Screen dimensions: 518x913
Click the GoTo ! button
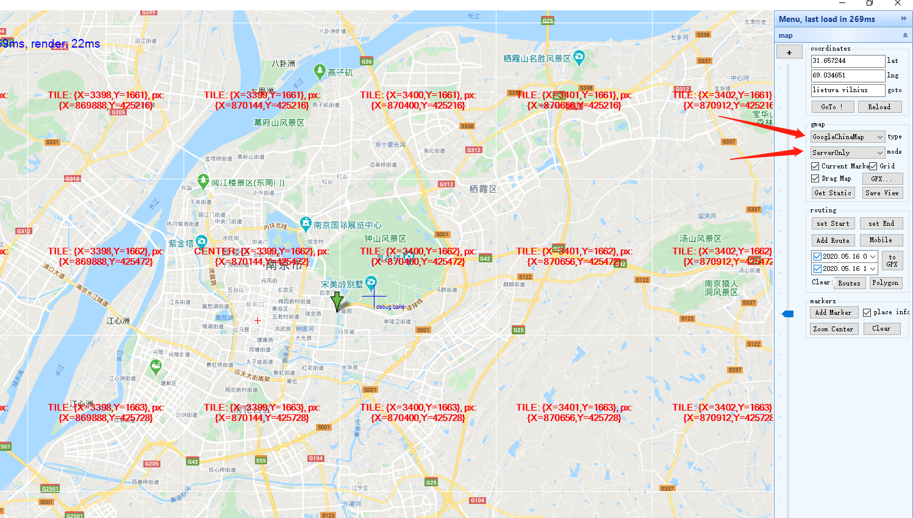(832, 107)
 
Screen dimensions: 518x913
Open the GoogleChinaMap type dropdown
(847, 137)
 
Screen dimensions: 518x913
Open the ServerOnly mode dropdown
(847, 153)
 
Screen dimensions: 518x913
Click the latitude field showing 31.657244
(847, 61)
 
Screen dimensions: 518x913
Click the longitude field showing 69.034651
(847, 76)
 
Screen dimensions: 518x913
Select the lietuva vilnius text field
(847, 90)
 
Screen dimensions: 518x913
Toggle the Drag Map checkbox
(815, 179)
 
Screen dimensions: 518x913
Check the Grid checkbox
(873, 166)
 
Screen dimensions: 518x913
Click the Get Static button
(832, 193)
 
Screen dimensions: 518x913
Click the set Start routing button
(833, 224)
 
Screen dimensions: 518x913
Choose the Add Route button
(833, 240)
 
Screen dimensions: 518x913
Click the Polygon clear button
(885, 283)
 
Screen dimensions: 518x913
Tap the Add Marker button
(834, 312)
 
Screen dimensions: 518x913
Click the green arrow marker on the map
(337, 301)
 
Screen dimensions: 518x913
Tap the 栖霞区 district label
(483, 189)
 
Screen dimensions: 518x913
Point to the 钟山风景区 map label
(385, 239)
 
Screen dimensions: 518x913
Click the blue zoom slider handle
(788, 314)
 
